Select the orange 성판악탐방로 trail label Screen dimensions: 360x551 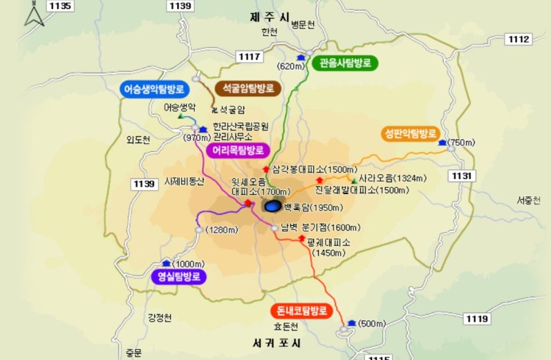(410, 133)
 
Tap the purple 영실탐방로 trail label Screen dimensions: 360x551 (178, 277)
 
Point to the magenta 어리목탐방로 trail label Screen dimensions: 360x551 (237, 149)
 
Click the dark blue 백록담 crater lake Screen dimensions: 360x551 (272, 206)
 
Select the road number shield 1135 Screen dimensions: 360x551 (61, 6)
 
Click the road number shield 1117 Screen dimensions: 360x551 (249, 56)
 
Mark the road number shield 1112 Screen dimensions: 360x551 (518, 39)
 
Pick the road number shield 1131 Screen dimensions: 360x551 (462, 177)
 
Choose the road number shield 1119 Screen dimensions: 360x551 (477, 319)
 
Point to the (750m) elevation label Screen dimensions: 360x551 (461, 142)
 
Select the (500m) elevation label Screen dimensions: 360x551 (372, 324)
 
